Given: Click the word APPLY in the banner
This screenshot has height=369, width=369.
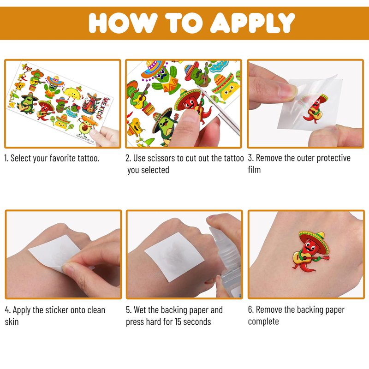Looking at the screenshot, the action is tap(252, 23).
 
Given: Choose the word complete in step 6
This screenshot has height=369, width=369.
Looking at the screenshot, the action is tap(263, 321).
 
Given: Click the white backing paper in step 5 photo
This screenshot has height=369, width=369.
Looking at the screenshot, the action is tap(174, 257).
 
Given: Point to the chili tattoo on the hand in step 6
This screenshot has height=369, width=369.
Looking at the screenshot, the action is tap(311, 251).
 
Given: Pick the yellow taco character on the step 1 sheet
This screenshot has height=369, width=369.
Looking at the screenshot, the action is tap(72, 93).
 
